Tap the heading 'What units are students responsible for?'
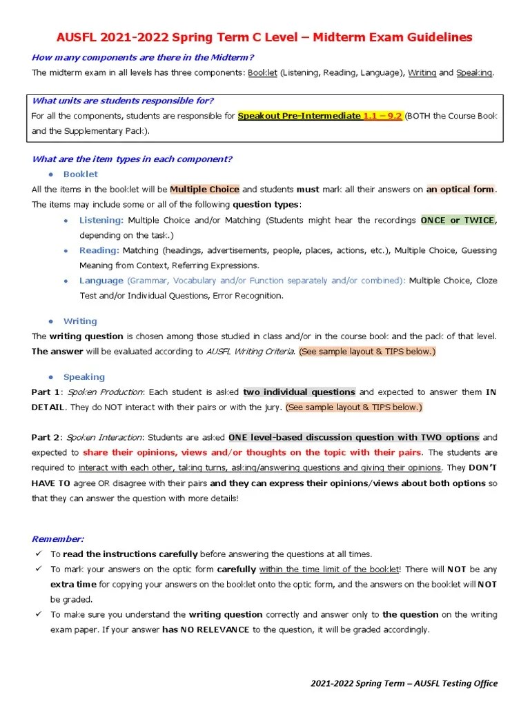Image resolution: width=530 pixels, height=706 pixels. [x=123, y=101]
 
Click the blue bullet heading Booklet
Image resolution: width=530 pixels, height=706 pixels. [x=81, y=174]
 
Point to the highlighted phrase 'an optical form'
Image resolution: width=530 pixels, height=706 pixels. [x=460, y=189]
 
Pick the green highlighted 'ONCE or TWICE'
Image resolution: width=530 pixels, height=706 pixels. [x=458, y=220]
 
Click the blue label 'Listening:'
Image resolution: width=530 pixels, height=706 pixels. [x=101, y=220]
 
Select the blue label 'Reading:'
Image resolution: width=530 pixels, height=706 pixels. [x=99, y=250]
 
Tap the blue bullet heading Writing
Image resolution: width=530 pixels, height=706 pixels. [x=80, y=321]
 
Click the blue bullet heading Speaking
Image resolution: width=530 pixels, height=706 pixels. [x=84, y=377]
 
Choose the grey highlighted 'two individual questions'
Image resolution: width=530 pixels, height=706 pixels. [x=299, y=392]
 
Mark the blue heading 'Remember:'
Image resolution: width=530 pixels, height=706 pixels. [x=58, y=538]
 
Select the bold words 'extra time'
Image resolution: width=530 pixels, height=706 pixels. [x=73, y=584]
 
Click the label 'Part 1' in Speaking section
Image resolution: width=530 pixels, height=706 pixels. [x=46, y=392]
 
